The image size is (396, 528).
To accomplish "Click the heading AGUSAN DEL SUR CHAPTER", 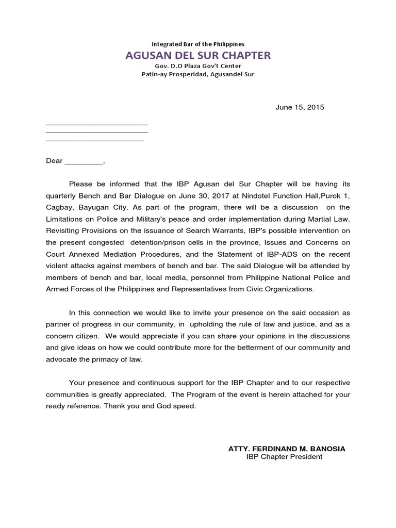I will point(198,55).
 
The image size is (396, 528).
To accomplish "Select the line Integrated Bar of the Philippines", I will point(198,44).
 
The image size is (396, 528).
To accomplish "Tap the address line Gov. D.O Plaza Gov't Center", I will point(198,66).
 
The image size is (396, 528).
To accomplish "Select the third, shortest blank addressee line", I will point(95,140).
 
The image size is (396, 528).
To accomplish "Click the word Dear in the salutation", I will point(54,161).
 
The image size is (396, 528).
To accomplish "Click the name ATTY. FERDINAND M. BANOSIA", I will point(287,449).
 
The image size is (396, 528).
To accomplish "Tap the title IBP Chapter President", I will point(284,457).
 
